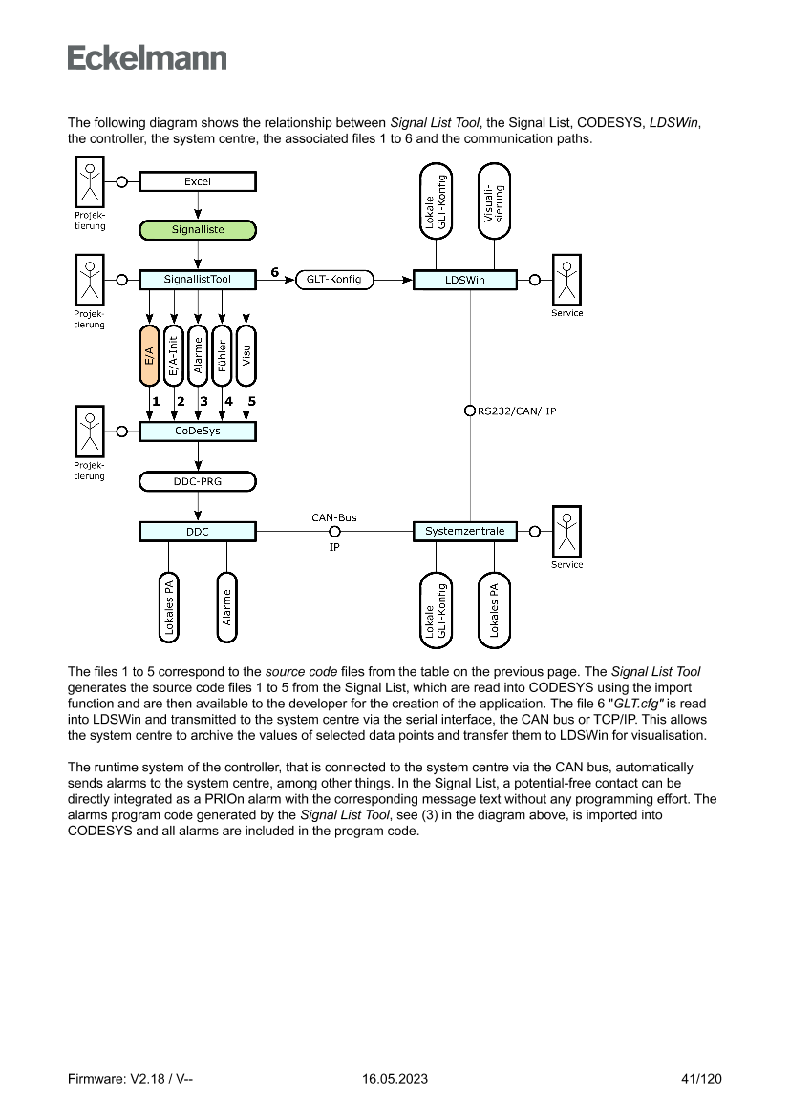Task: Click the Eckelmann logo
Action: (x=147, y=57)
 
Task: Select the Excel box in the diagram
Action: (x=198, y=181)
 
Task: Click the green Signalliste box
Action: (x=198, y=230)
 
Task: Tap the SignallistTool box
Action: (x=198, y=280)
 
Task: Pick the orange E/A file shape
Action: (x=150, y=356)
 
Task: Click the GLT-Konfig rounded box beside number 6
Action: (x=335, y=280)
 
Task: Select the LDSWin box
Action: (x=464, y=280)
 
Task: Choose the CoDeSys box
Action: (x=198, y=432)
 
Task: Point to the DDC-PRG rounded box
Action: (x=198, y=481)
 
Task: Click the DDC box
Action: (x=198, y=531)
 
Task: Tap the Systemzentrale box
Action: (x=464, y=531)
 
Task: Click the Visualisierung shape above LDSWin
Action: (x=494, y=202)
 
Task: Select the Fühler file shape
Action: (x=223, y=356)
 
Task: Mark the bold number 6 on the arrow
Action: (x=275, y=272)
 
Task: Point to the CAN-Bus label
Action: (x=334, y=517)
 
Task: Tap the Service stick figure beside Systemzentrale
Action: (x=567, y=531)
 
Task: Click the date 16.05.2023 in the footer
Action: (x=395, y=1079)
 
